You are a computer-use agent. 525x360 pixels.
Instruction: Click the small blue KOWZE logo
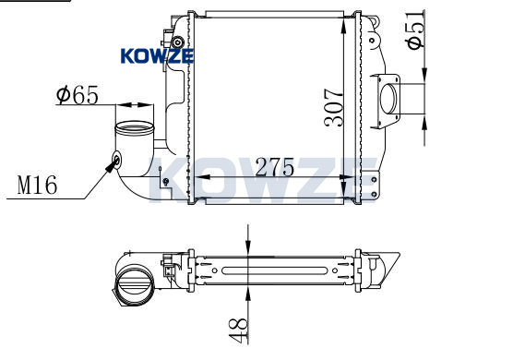pyautogui.click(x=157, y=56)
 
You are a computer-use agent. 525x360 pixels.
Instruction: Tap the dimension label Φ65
pyautogui.click(x=78, y=95)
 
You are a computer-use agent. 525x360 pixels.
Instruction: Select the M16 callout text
pyautogui.click(x=37, y=185)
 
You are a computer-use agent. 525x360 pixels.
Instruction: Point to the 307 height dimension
pyautogui.click(x=333, y=107)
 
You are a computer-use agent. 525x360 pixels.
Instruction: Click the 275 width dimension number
pyautogui.click(x=275, y=167)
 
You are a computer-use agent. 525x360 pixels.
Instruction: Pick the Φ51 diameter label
pyautogui.click(x=415, y=30)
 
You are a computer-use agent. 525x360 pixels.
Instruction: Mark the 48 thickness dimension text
pyautogui.click(x=238, y=330)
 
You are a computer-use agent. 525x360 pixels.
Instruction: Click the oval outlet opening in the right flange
pyautogui.click(x=388, y=99)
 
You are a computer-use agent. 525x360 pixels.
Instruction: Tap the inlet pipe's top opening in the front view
pyautogui.click(x=135, y=127)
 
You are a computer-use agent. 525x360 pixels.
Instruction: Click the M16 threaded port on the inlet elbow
pyautogui.click(x=117, y=160)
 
